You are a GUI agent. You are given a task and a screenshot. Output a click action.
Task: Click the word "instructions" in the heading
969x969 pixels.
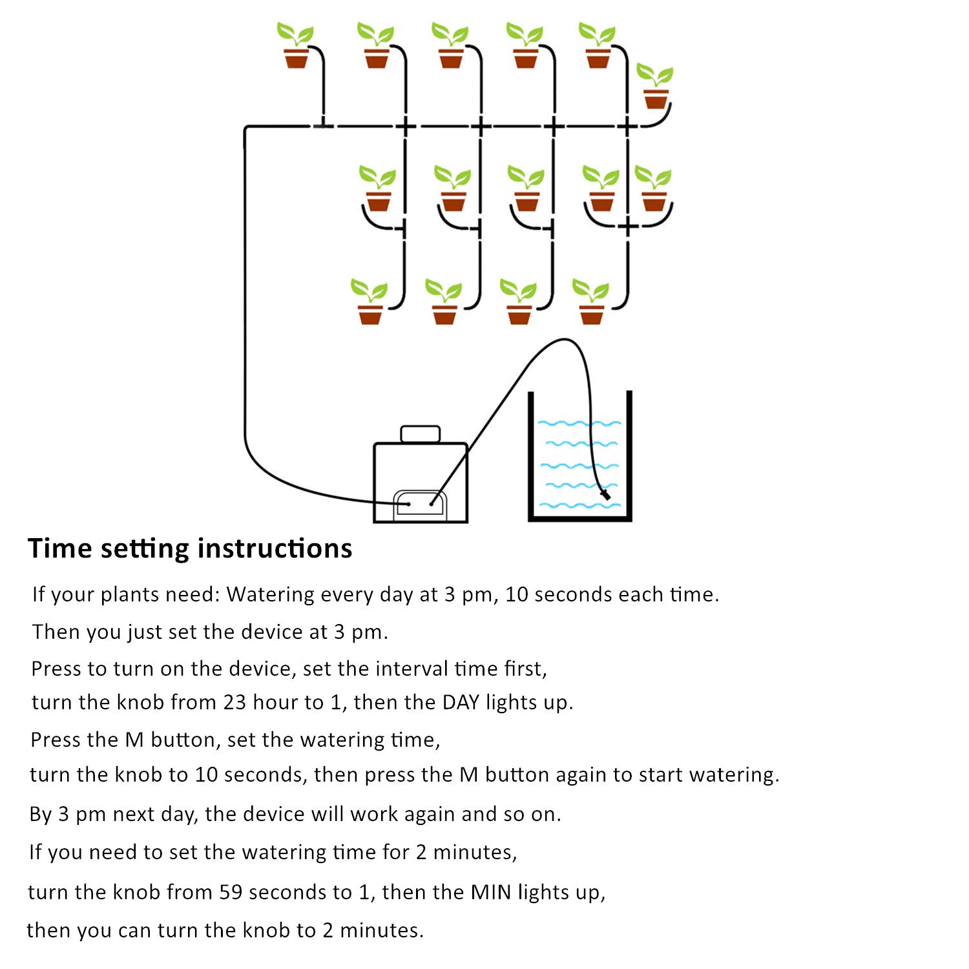point(275,548)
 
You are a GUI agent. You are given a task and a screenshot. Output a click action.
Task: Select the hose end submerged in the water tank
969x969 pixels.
point(605,495)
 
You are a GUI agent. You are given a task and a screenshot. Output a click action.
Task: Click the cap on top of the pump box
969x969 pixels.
point(420,433)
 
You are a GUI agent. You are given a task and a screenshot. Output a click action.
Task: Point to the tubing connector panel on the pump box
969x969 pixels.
point(419,503)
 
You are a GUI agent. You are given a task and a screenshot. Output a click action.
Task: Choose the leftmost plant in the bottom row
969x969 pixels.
point(369,302)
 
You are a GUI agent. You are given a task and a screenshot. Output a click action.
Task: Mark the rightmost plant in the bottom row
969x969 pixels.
point(591,302)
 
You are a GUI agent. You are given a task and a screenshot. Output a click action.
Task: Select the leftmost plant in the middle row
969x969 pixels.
point(377,189)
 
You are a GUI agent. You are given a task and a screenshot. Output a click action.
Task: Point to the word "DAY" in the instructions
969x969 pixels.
point(461,702)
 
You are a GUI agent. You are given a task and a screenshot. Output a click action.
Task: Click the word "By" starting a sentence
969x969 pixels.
point(40,814)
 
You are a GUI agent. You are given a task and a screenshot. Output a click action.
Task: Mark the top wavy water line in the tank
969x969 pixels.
point(579,423)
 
